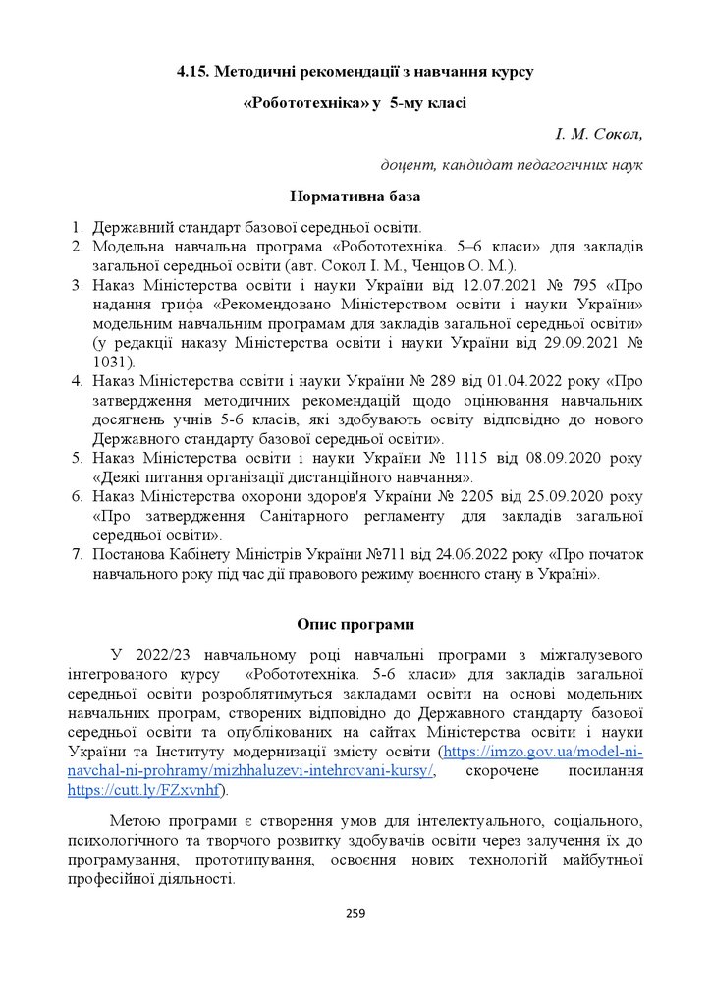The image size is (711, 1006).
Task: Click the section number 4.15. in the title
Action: coord(192,72)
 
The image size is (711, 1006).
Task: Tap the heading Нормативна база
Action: coord(355,196)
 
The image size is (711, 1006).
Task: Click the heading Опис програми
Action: coord(355,624)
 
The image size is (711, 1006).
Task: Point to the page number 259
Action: coord(355,914)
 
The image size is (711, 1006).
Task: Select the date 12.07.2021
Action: coord(460,285)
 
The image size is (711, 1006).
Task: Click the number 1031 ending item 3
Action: coord(111,362)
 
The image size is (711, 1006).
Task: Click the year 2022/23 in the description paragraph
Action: coord(158,654)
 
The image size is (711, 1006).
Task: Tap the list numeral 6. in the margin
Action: coord(77,496)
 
